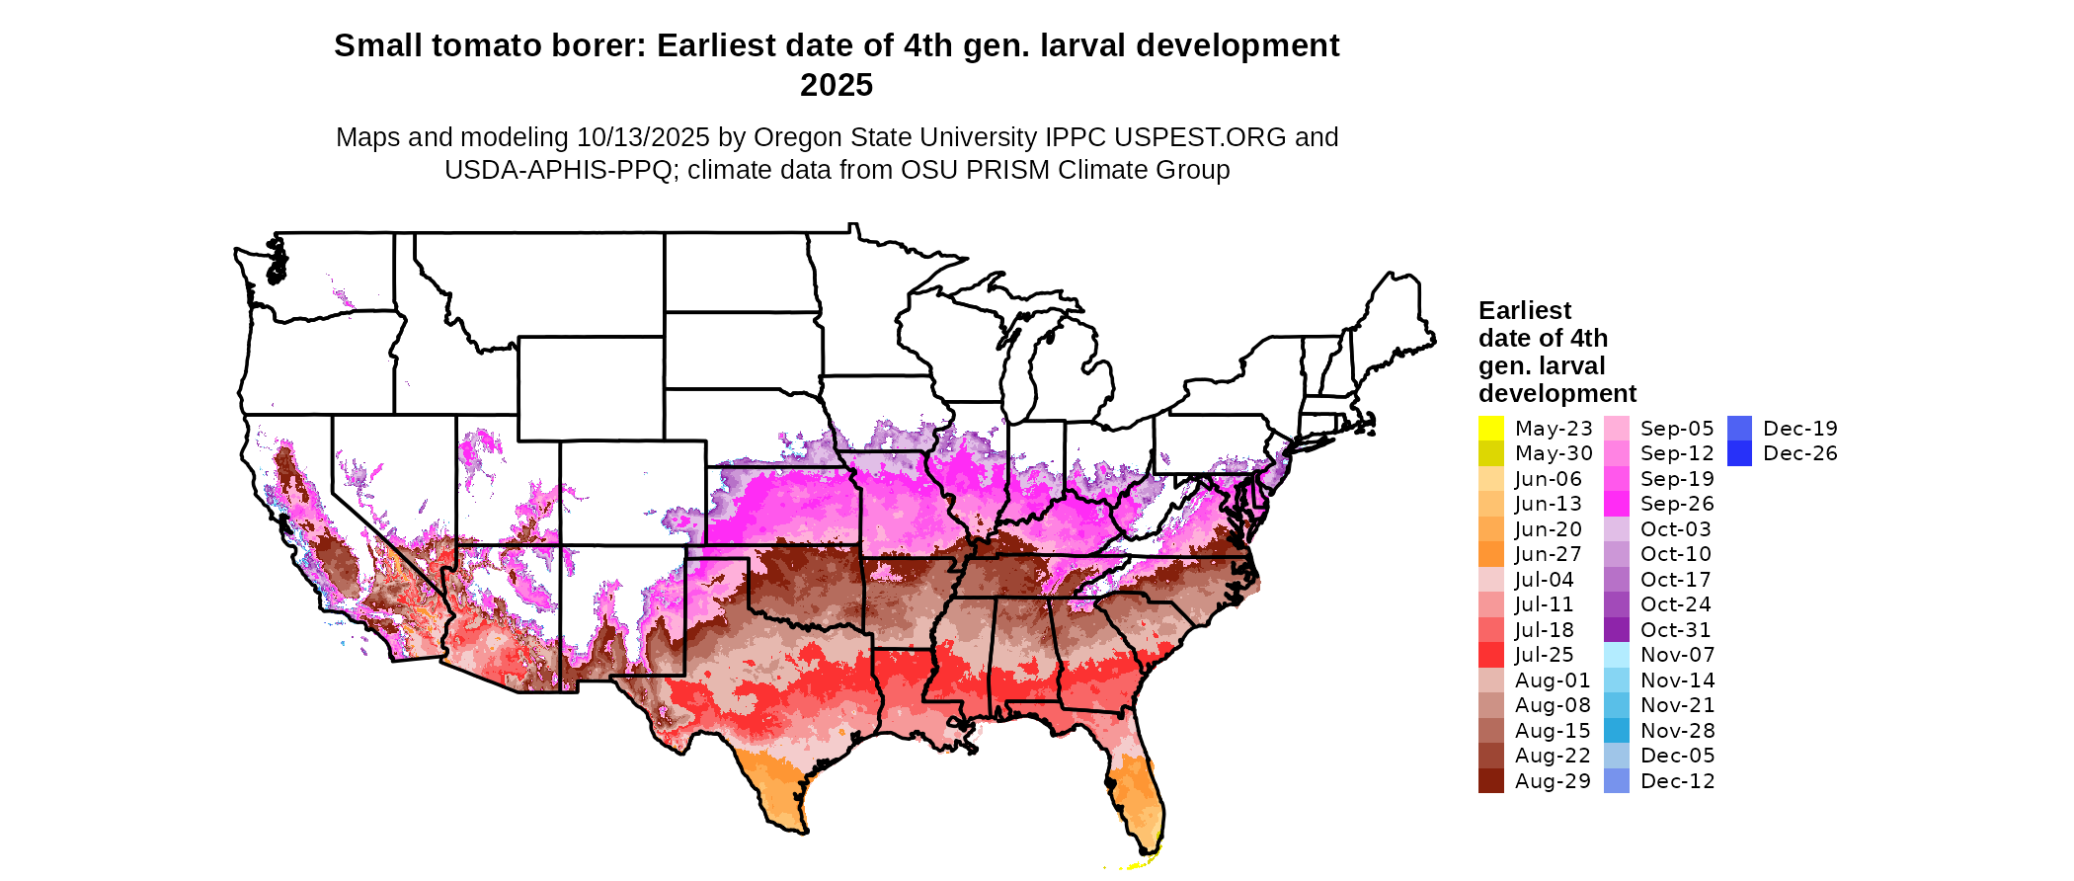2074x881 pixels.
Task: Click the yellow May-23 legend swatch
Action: click(1490, 429)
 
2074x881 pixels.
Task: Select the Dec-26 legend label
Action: click(1799, 453)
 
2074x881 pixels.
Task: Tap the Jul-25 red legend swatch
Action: click(1490, 655)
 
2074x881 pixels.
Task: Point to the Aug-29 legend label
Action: click(1553, 781)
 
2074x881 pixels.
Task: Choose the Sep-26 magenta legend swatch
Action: click(1616, 504)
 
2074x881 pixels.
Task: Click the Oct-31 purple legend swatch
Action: click(1616, 630)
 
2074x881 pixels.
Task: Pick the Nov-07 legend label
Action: click(1677, 655)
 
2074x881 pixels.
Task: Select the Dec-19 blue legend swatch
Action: click(1739, 429)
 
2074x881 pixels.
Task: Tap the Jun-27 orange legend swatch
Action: click(1490, 554)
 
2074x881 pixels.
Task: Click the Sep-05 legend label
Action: click(1677, 429)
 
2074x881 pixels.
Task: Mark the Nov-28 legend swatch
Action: click(1616, 731)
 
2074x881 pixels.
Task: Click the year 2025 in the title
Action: click(836, 86)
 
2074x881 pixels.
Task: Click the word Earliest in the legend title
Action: click(1524, 311)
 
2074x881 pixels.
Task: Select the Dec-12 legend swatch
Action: click(1616, 781)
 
